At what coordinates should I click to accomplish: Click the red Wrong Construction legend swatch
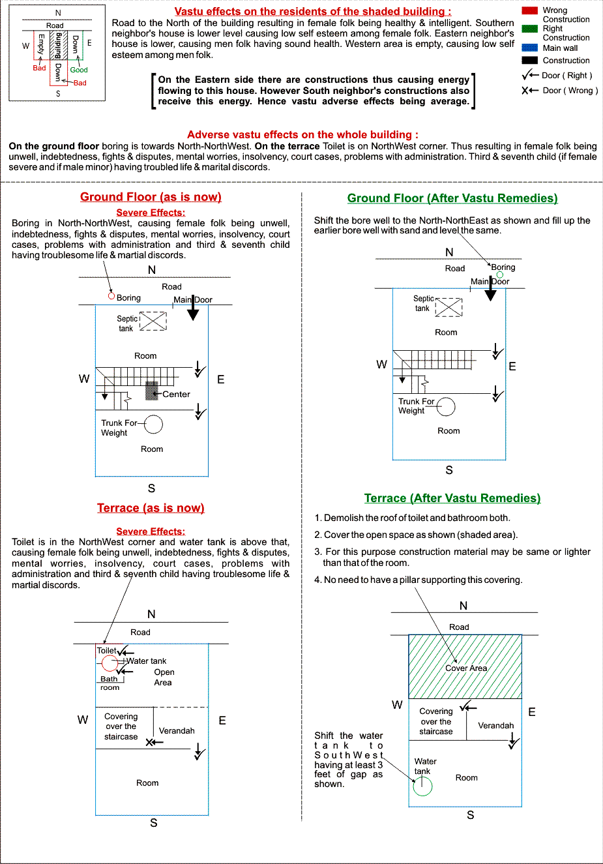529,10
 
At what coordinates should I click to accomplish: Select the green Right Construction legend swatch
529,29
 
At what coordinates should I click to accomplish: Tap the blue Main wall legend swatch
529,48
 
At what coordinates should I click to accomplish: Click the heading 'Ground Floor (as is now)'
151,197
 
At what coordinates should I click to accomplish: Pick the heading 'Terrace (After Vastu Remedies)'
452,498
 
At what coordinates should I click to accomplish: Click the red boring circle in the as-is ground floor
111,296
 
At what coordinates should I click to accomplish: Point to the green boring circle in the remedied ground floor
500,275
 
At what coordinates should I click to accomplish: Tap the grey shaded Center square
151,390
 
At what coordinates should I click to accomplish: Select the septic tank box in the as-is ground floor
153,321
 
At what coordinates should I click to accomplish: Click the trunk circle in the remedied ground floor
446,407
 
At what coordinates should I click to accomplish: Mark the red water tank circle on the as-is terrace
110,664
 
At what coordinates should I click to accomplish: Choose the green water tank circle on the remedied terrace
422,786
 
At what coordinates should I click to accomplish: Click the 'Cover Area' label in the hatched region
466,668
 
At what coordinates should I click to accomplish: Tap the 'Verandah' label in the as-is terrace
177,731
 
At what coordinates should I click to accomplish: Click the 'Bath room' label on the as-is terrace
110,683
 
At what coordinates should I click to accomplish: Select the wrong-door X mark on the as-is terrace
150,742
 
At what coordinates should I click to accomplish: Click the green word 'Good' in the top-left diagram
79,70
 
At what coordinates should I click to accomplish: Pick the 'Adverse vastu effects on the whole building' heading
302,134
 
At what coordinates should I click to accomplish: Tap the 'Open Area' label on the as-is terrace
164,678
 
